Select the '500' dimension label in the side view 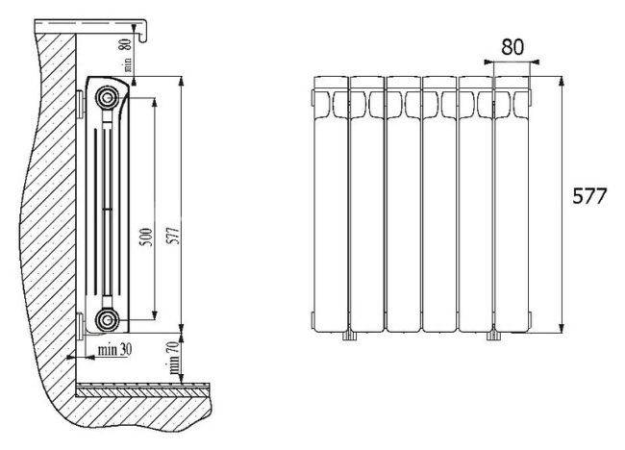click(x=147, y=237)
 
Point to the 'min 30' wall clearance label click(x=114, y=350)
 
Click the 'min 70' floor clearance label click(x=174, y=357)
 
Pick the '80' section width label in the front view click(x=512, y=47)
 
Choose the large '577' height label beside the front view click(x=589, y=196)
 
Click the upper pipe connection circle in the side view click(x=107, y=97)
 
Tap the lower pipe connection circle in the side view click(x=107, y=319)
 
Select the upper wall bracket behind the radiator click(x=80, y=105)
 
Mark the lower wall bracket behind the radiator click(x=80, y=326)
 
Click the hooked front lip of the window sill click(x=144, y=31)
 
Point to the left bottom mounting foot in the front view click(x=348, y=336)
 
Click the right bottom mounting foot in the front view click(x=493, y=336)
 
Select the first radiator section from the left click(x=331, y=204)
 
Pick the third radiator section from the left click(x=404, y=204)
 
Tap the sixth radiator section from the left click(x=512, y=204)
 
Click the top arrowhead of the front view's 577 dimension click(x=562, y=82)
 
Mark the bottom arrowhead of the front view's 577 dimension click(x=562, y=327)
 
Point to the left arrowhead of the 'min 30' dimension click(x=71, y=358)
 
